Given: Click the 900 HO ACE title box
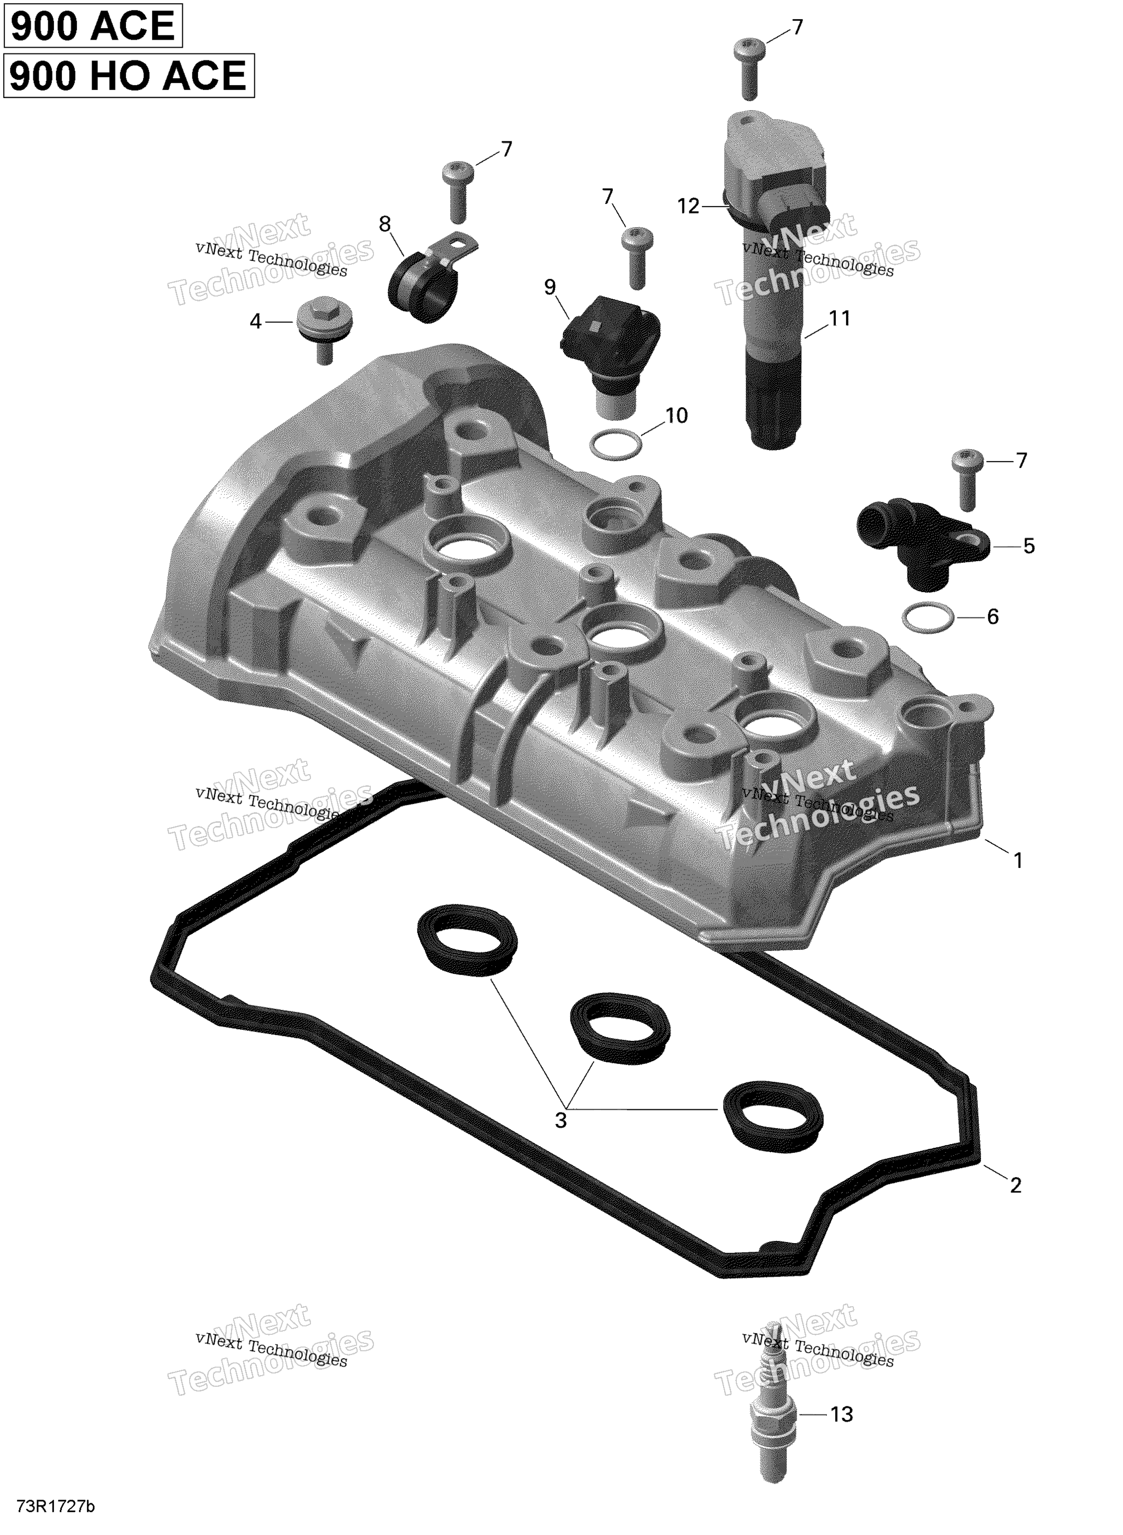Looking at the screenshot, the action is click(x=129, y=75).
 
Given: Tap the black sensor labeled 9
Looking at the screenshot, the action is click(x=610, y=353).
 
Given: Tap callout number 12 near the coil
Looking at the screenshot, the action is click(x=689, y=206).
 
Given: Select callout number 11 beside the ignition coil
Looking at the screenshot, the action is click(x=840, y=318).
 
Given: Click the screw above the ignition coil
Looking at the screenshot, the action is click(x=748, y=69).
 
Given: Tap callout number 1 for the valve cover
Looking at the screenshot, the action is click(x=1018, y=860).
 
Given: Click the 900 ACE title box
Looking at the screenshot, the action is click(x=94, y=26).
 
